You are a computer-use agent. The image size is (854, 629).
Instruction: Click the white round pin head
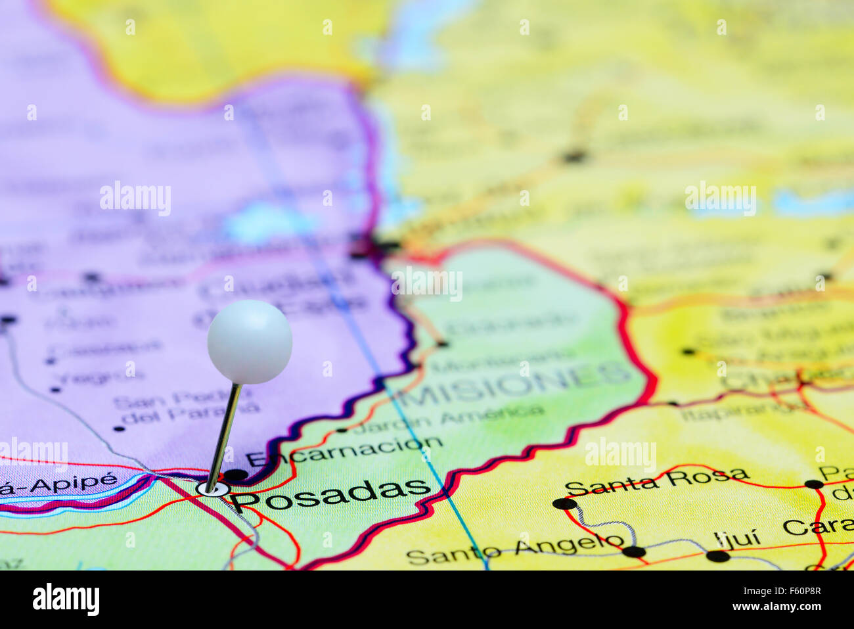[250, 341]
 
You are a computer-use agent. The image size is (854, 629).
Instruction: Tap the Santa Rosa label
[656, 482]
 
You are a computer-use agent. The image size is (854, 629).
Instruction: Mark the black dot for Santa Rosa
[563, 504]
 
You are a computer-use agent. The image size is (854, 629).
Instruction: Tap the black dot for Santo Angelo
[633, 551]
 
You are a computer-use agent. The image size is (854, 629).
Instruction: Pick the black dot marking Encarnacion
[235, 475]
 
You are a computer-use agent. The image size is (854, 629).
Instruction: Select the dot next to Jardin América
[342, 431]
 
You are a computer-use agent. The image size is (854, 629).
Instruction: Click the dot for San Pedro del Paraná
[119, 429]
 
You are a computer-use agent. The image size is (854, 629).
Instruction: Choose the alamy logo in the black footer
[66, 599]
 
